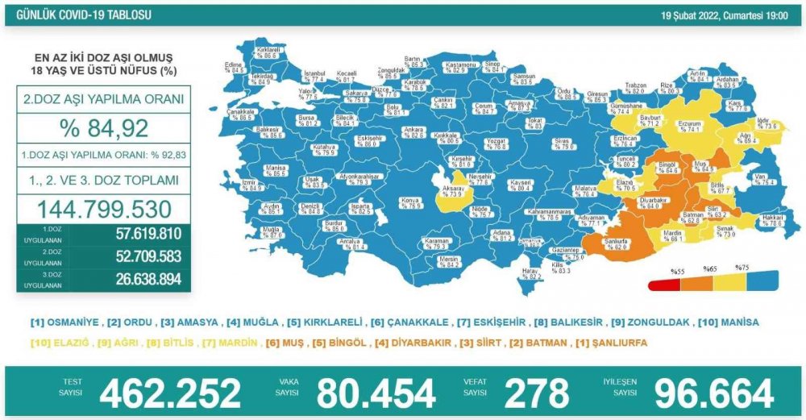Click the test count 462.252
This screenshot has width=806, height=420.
tap(170, 393)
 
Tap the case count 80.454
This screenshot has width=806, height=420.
tap(376, 393)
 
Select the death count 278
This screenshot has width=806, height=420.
tap(536, 393)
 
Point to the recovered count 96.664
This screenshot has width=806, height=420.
tap(713, 393)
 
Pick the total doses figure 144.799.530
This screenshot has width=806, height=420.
tap(104, 209)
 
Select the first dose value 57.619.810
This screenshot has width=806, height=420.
tap(138, 234)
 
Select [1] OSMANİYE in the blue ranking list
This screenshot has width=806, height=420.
tap(64, 322)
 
